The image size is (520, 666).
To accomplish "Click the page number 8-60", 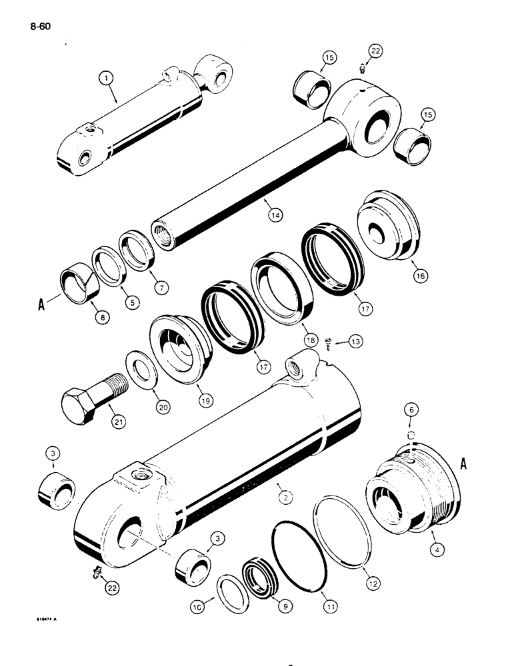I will pyautogui.click(x=41, y=27).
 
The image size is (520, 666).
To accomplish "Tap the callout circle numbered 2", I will pyautogui.click(x=285, y=495).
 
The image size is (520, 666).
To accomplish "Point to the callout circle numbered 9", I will pyautogui.click(x=267, y=608).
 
